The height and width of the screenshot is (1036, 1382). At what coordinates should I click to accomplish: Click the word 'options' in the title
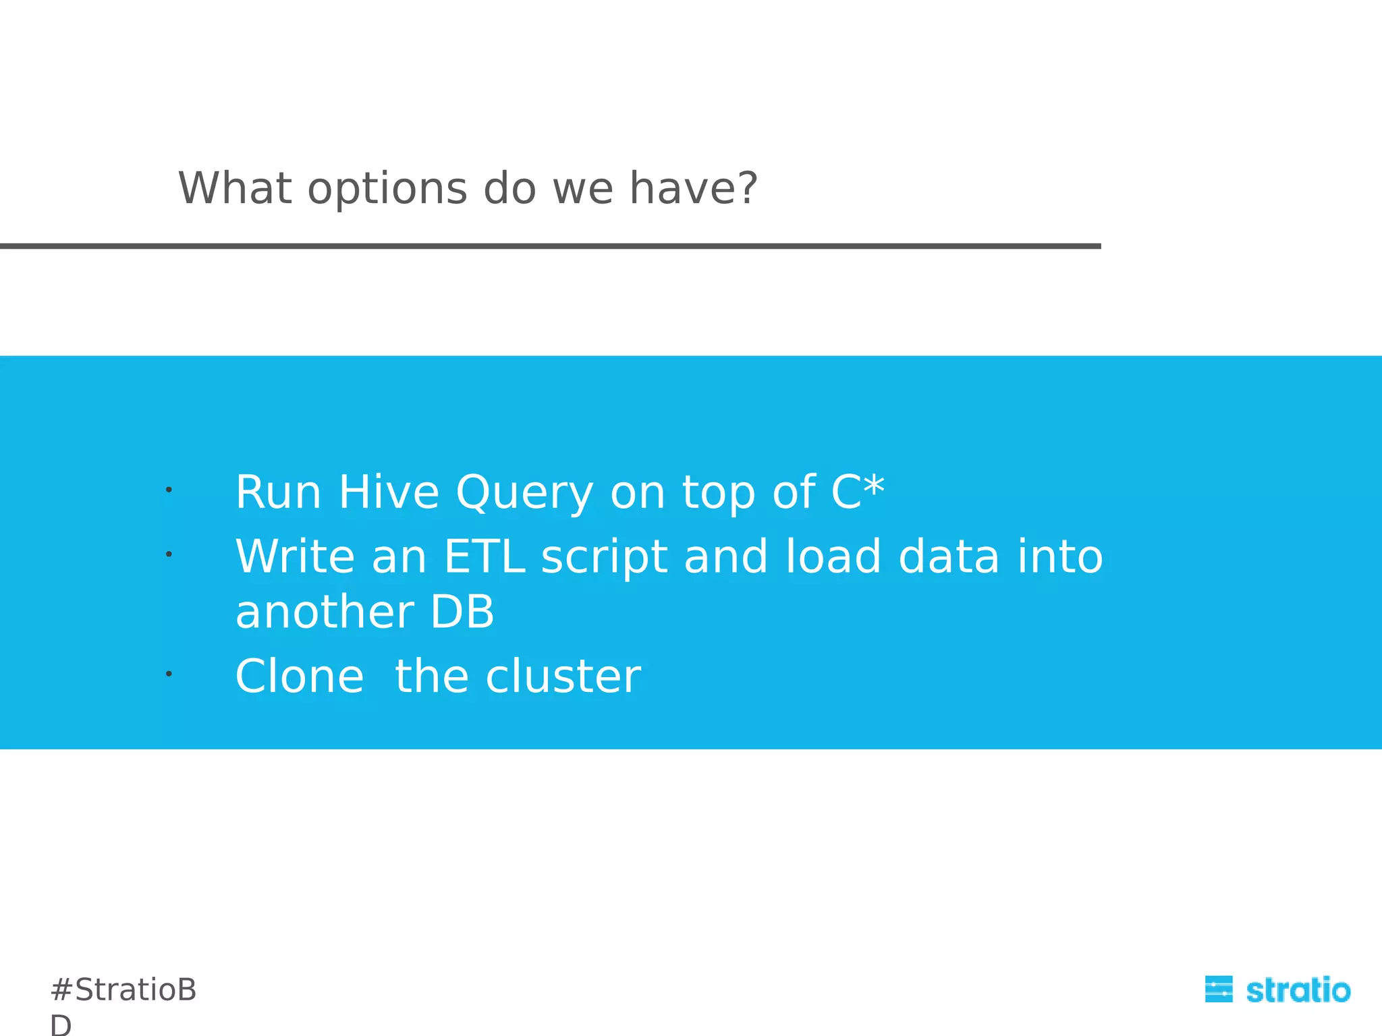coord(387,189)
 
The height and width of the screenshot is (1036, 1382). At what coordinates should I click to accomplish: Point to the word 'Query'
coord(525,494)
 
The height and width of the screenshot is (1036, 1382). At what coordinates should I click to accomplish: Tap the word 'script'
coord(604,558)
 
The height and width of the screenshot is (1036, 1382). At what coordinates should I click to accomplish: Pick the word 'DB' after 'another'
coord(462,612)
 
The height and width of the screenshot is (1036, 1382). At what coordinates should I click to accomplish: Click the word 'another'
coord(325,612)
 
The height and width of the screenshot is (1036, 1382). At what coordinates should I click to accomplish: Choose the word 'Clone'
coord(300,676)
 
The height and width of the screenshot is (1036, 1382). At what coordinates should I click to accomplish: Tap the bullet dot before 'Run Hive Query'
coord(169,489)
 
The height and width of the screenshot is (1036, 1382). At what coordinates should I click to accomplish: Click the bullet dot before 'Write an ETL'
coord(169,554)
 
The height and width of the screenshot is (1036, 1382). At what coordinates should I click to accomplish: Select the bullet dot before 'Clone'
coord(169,673)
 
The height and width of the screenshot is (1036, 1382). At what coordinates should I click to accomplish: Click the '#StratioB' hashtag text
coord(123,989)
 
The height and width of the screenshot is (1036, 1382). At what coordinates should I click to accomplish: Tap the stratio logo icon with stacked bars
coord(1219,989)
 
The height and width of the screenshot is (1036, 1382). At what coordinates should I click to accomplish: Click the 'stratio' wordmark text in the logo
coord(1298,990)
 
